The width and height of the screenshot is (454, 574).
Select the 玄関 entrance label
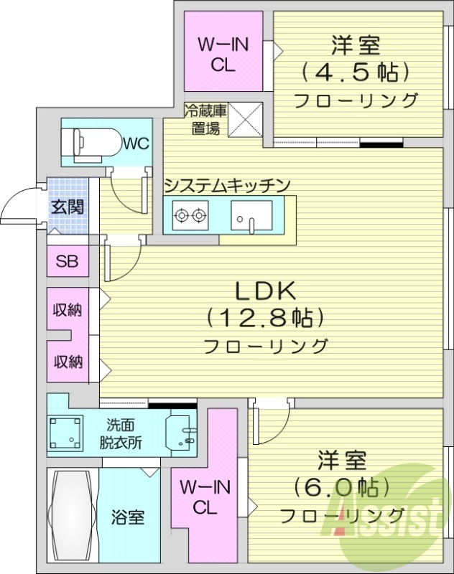point(67,207)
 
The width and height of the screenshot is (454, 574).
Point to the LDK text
point(266,291)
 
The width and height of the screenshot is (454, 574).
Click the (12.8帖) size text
point(266,316)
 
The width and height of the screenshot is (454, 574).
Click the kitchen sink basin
point(251,215)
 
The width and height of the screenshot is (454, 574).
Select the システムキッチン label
point(227,186)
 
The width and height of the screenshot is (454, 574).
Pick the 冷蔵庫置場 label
point(205,119)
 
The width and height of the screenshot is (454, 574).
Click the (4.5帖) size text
point(355,72)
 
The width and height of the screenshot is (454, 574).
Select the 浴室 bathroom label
point(129,517)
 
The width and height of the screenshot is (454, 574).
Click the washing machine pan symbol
point(68,434)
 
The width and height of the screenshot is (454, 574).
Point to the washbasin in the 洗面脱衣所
point(180,433)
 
